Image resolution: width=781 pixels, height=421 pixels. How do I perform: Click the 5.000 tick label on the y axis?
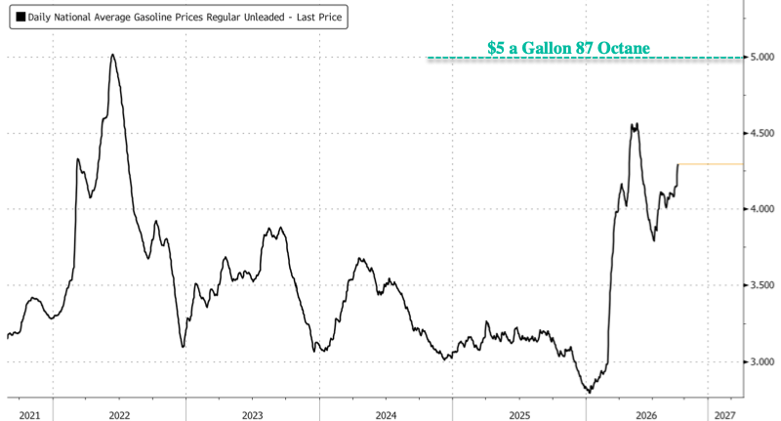tap(762, 58)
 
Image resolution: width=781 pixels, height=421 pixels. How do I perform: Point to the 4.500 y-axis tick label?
tap(762, 133)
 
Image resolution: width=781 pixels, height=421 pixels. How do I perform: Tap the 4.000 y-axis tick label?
tap(762, 209)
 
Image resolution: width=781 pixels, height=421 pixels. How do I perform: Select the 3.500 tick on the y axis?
tap(762, 285)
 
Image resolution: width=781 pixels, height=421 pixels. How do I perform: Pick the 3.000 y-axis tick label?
tap(762, 361)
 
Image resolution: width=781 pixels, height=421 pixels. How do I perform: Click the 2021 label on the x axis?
tap(29, 415)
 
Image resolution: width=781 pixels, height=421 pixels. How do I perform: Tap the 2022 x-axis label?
tap(119, 415)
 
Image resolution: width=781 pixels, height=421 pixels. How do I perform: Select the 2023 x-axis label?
tap(253, 415)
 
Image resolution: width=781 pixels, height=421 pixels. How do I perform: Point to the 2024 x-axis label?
tap(386, 415)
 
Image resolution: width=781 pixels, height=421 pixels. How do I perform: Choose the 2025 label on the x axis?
tap(519, 415)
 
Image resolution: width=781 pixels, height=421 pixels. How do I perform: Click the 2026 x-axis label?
tap(646, 415)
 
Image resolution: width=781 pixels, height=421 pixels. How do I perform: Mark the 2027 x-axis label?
tap(724, 415)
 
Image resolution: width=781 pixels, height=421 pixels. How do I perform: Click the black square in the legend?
tap(21, 17)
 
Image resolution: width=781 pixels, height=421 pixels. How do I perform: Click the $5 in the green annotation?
tap(496, 48)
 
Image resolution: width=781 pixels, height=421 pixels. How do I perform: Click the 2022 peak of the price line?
tap(112, 55)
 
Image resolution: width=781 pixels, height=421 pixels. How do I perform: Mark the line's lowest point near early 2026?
tap(591, 393)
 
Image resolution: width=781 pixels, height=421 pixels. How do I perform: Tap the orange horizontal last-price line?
tap(711, 164)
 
